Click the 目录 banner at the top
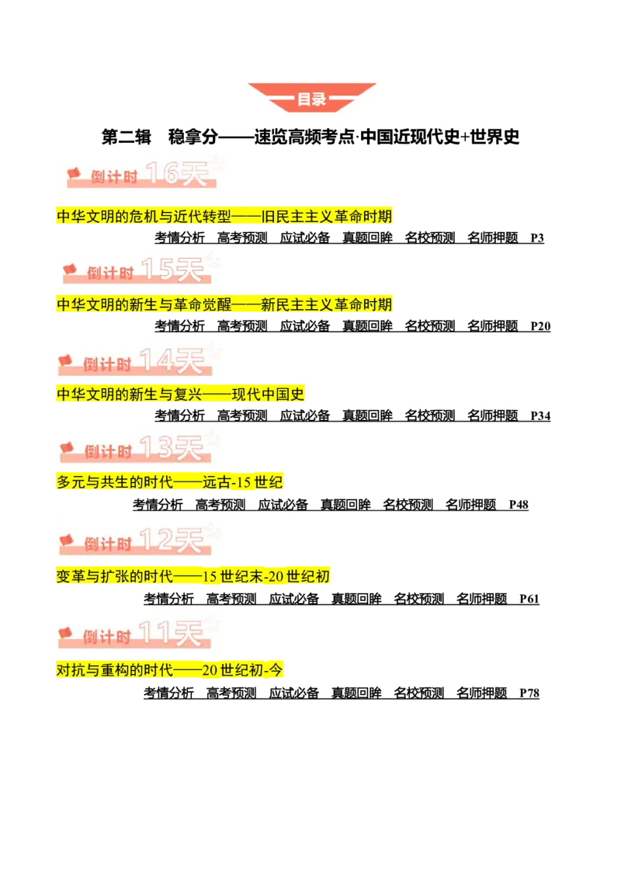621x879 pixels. click(x=311, y=98)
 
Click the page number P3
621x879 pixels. click(x=537, y=238)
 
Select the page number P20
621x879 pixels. click(x=540, y=326)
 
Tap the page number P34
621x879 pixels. click(x=540, y=416)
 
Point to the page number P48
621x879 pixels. click(x=519, y=505)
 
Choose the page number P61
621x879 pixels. click(x=529, y=599)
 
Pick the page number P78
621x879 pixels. click(x=529, y=693)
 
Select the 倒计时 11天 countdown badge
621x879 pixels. click(x=138, y=634)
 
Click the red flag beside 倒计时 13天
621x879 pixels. click(x=67, y=448)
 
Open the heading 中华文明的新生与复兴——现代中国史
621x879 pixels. click(x=180, y=394)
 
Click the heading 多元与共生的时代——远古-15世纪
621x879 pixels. click(x=169, y=481)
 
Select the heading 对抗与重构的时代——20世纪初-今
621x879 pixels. click(x=169, y=669)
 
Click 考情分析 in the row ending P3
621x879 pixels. click(x=180, y=238)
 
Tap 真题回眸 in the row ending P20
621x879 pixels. click(x=368, y=326)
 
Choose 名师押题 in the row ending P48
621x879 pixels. click(x=470, y=505)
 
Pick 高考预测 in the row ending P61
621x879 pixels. click(x=231, y=599)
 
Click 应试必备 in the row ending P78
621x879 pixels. click(x=294, y=693)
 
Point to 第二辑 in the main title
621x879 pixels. click(x=126, y=137)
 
